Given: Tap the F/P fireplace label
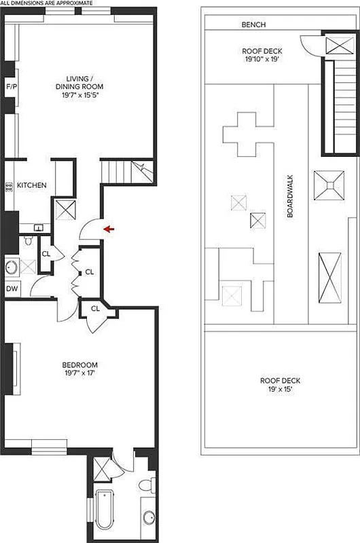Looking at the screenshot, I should (x=11, y=88).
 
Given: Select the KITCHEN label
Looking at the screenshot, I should (x=31, y=185).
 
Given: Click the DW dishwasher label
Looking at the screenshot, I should (x=12, y=289).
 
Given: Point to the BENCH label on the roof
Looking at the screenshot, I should (x=253, y=25).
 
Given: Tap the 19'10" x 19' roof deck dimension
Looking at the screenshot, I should (x=262, y=60).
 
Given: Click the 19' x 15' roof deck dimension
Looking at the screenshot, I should (x=280, y=390).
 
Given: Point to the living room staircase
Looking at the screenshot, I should (x=123, y=170).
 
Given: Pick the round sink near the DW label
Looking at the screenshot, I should (x=12, y=267).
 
